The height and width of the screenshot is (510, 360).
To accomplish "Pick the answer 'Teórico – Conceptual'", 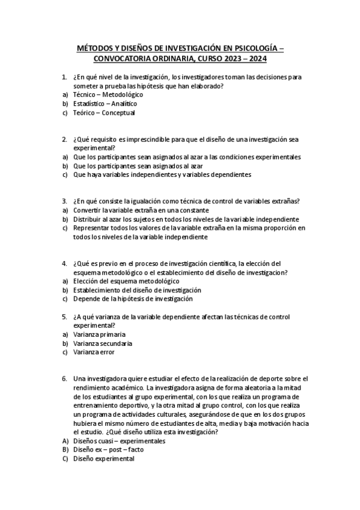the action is tap(103, 112).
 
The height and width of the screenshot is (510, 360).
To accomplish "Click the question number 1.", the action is tap(64, 78).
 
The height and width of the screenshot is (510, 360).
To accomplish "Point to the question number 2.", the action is tap(64, 140).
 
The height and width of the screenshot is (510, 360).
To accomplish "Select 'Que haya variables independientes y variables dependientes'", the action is tap(162, 174).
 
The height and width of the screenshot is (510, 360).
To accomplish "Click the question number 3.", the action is tap(64, 201).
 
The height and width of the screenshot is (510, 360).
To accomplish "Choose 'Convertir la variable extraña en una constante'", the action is tap(141, 210).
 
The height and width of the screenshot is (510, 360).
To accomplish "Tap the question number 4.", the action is tap(64, 263).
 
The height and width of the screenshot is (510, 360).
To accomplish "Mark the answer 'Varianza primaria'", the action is tap(99, 334).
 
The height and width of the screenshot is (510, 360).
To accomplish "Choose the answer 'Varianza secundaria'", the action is tap(103, 343).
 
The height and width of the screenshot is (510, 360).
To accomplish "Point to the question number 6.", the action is tap(64, 378).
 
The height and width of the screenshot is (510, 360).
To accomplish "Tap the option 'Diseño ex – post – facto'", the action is tap(108, 449).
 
